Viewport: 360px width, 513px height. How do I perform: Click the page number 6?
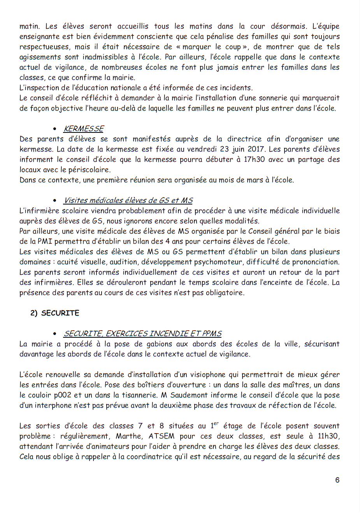pos(337,480)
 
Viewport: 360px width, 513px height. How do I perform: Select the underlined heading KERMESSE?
pos(84,129)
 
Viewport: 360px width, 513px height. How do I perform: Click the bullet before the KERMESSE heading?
pos(55,129)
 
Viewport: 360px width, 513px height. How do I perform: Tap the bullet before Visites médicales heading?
pos(55,201)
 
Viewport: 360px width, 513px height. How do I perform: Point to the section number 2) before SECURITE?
pos(34,313)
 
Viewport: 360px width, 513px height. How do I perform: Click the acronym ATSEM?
pos(162,436)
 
